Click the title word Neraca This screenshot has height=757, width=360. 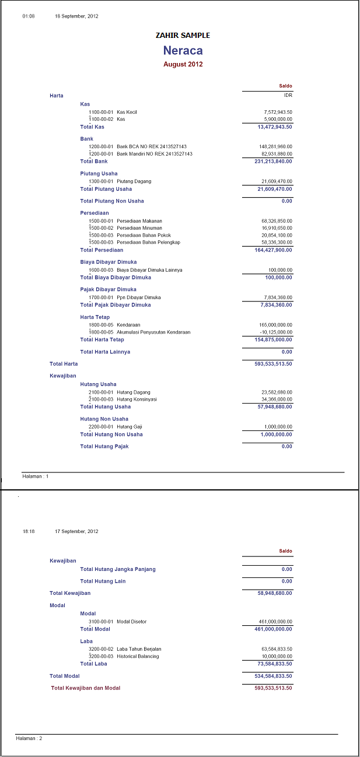(x=183, y=51)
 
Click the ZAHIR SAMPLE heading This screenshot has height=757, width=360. (x=183, y=36)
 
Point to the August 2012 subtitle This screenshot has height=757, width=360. (x=183, y=64)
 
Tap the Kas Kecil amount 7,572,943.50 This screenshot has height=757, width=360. (x=278, y=112)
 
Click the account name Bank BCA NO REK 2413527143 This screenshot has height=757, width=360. (x=155, y=146)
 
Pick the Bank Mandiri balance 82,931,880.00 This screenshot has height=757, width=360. (x=276, y=154)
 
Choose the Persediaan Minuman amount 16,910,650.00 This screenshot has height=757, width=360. (x=277, y=228)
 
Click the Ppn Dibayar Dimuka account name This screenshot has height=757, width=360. (x=138, y=297)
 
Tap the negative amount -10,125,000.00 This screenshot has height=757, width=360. (x=276, y=332)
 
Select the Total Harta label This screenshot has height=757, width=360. (x=64, y=364)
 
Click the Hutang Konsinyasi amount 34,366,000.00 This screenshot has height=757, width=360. (x=277, y=399)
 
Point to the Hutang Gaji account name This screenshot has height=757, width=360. (x=130, y=427)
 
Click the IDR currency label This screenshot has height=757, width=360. (x=288, y=95)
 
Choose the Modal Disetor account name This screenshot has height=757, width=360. (x=132, y=622)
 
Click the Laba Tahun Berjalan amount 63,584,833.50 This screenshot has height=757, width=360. (x=277, y=649)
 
